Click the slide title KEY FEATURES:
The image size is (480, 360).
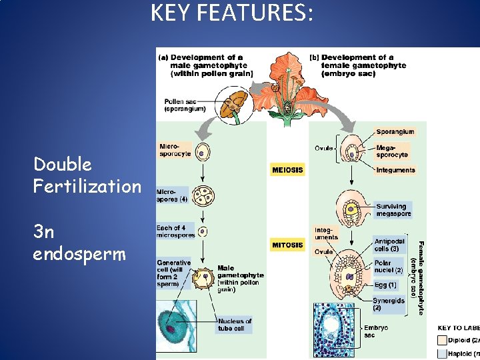point(231,13)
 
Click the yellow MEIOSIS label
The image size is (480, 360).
point(287,170)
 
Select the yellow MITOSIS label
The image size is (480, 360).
point(287,245)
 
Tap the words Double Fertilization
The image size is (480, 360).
point(87,175)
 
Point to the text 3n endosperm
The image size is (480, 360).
point(79,243)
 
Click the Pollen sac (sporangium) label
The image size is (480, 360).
point(185,105)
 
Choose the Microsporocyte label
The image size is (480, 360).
point(175,149)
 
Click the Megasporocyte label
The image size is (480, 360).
point(392,151)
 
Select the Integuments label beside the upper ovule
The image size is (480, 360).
point(395,170)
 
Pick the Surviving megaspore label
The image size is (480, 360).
point(393,210)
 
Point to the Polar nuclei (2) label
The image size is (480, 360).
point(389,267)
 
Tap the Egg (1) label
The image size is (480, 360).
point(385,285)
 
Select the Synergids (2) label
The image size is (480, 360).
point(389,304)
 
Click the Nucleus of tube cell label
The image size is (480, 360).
point(235,325)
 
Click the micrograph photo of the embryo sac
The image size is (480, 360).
point(337,331)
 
